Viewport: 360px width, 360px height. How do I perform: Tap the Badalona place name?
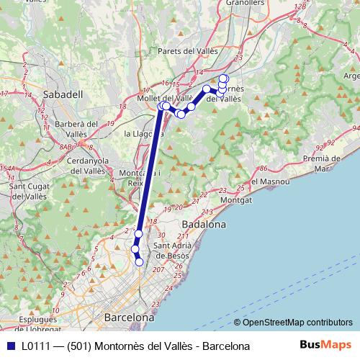coord(204,225)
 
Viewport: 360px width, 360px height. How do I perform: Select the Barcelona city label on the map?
coord(129,317)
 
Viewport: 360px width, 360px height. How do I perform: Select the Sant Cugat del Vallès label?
coord(28,191)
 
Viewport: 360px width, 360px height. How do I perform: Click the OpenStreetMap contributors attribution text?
coord(293,323)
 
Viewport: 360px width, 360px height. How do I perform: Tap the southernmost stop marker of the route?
coord(140,262)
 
